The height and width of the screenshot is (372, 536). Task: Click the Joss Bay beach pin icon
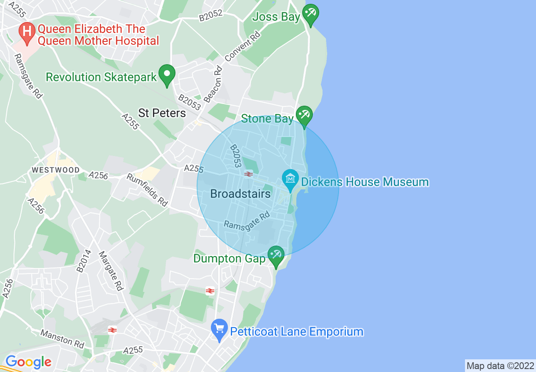(x=311, y=14)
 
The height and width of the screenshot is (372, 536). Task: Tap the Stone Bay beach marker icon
(x=304, y=115)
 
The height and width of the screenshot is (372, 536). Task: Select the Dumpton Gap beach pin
(x=276, y=255)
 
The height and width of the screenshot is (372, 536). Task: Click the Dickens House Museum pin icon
(x=290, y=179)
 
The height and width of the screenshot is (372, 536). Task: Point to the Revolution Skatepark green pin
(x=167, y=74)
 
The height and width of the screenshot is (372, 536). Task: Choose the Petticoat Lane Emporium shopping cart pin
(x=219, y=329)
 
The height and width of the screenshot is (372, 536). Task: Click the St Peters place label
(x=162, y=113)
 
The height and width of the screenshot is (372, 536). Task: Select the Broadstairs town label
(x=240, y=194)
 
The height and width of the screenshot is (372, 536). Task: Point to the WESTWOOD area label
(x=56, y=170)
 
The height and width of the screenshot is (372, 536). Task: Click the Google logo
(x=28, y=362)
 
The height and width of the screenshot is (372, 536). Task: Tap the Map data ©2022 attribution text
(x=500, y=366)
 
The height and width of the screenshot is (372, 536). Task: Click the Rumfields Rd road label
(x=147, y=190)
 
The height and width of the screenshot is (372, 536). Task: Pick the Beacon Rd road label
(x=213, y=84)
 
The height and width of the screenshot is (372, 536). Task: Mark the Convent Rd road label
(x=243, y=46)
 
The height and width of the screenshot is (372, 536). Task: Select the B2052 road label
(x=211, y=16)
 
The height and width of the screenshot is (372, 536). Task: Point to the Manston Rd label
(x=62, y=339)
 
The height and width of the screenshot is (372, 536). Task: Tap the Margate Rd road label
(x=110, y=271)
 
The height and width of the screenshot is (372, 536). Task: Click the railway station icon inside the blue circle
(x=248, y=174)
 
